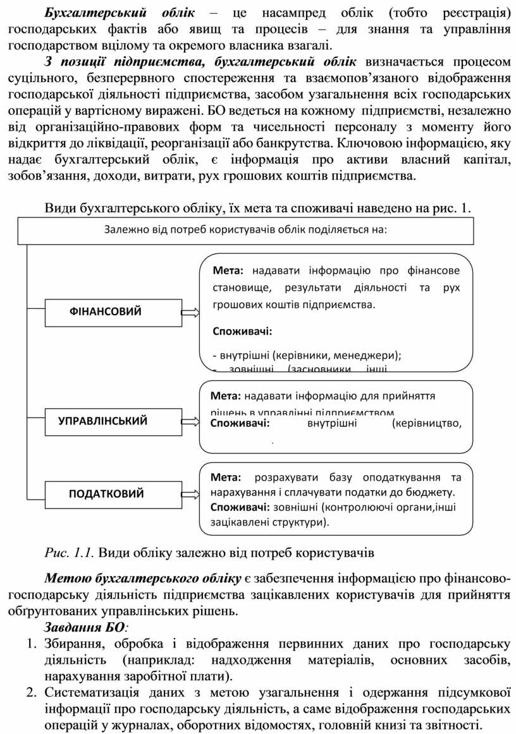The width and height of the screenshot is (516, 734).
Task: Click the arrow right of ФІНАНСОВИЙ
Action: (190, 312)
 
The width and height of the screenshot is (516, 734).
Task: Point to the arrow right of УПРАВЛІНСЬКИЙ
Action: (190, 421)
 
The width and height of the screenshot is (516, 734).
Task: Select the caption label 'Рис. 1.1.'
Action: (70, 554)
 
